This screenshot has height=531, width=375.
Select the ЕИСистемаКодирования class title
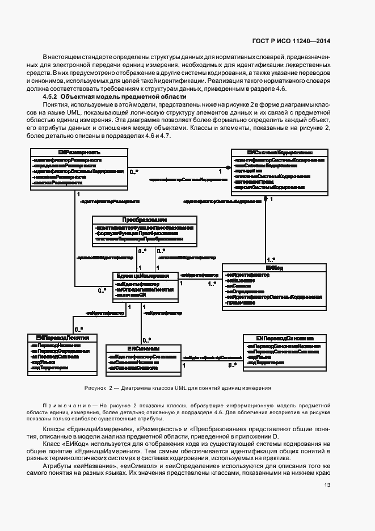280,153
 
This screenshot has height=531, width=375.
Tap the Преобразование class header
145,220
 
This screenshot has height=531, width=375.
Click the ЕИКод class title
273,267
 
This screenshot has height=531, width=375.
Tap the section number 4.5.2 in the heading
53,97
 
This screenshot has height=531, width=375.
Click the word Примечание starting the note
64,406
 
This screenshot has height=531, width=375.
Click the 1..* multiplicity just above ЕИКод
271,259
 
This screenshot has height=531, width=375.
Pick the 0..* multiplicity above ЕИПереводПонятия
79,329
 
